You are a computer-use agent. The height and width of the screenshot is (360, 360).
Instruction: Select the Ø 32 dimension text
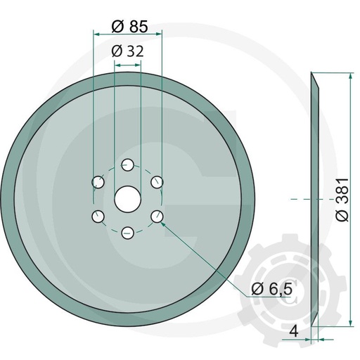[x=127, y=51]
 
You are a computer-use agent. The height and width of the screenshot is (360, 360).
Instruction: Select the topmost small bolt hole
[x=127, y=165]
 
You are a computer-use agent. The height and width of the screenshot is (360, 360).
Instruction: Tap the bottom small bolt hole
[x=127, y=232]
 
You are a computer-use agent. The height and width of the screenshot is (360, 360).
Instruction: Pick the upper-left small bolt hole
[x=98, y=183]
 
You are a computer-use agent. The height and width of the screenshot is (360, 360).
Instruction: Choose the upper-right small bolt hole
[x=157, y=183]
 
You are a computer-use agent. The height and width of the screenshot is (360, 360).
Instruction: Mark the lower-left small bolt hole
[x=98, y=215]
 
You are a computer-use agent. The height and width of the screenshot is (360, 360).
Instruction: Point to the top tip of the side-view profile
[x=311, y=73]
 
